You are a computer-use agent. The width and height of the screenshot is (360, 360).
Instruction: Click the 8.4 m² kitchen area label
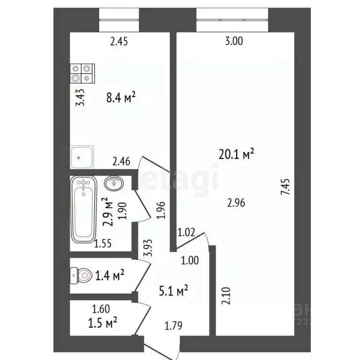(x=121, y=98)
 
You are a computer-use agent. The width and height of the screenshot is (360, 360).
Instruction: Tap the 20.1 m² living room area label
(x=236, y=154)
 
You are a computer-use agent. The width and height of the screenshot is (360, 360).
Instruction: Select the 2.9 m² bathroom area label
(x=109, y=212)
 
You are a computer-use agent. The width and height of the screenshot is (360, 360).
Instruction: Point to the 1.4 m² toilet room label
(x=109, y=275)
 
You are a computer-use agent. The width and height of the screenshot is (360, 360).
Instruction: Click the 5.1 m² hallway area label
(x=173, y=292)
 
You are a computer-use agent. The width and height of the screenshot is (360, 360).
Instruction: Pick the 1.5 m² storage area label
(x=102, y=322)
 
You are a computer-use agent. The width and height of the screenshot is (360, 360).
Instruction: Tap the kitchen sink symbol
(x=82, y=157)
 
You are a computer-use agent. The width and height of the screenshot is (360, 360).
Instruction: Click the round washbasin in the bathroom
(x=114, y=183)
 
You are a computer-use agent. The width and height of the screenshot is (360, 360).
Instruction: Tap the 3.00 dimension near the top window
(x=234, y=42)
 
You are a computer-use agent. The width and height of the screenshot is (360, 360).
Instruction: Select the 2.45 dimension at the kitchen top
(x=119, y=42)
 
